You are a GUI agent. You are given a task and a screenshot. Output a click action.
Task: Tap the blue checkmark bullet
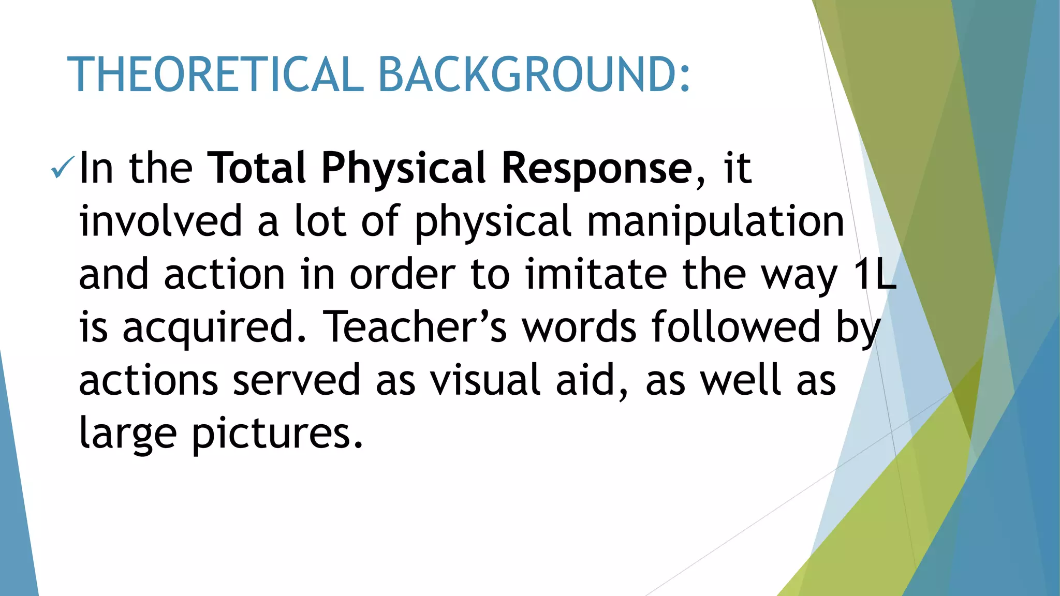coord(63,169)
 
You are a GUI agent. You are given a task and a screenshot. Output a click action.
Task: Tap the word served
coord(296,380)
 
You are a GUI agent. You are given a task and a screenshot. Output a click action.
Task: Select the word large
coord(128,434)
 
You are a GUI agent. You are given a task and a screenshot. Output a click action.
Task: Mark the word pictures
coord(277,434)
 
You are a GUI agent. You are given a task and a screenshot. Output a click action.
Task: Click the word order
coord(403,274)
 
